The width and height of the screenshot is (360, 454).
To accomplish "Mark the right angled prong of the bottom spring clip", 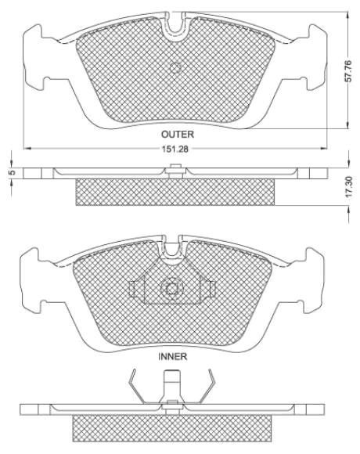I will (207, 389).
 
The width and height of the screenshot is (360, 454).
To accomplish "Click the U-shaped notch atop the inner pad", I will (172, 250).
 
